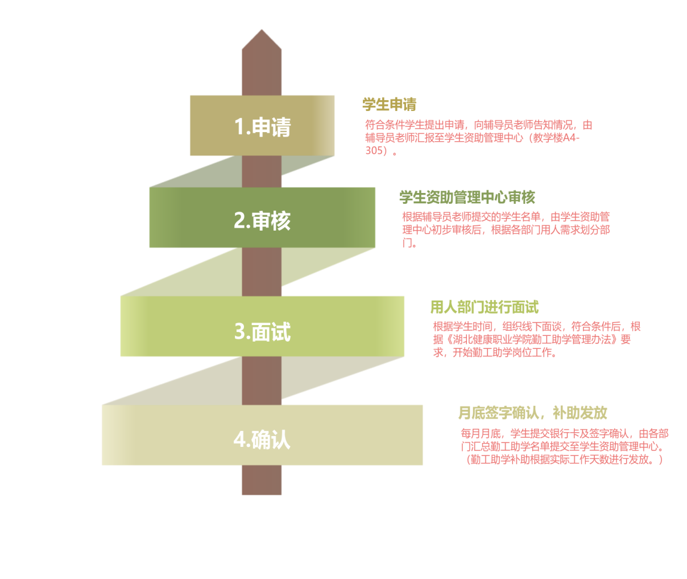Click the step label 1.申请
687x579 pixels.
tap(262, 126)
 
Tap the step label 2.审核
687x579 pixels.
tap(262, 220)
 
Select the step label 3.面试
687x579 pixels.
tap(262, 331)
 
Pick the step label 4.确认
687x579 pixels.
tap(262, 440)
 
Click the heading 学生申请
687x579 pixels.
tap(390, 104)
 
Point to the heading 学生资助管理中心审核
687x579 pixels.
tap(467, 198)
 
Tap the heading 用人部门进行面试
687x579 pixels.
tap(484, 307)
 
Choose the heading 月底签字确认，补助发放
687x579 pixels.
tap(533, 413)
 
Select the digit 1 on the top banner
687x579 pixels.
tap(239, 126)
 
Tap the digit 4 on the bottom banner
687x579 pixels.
tap(239, 440)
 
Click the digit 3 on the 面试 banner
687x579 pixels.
tap(239, 331)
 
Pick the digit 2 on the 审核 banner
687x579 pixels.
tap(239, 220)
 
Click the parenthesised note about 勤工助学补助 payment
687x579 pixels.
tap(564, 459)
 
